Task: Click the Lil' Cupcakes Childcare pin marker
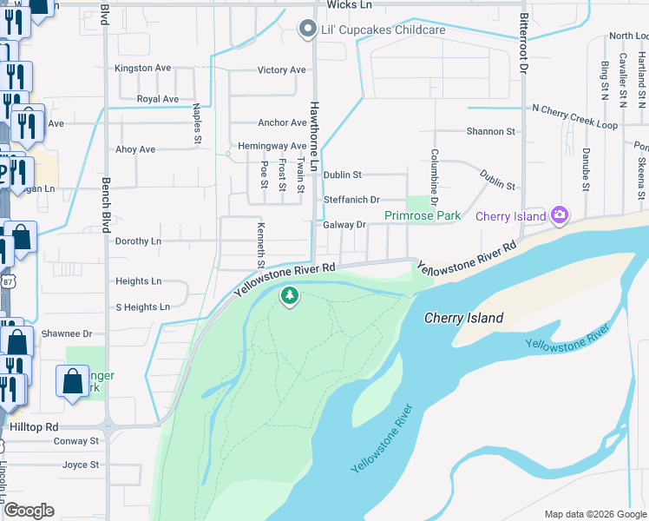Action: [x=306, y=30]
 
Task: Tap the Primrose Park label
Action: [x=423, y=215]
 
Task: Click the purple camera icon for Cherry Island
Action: [x=560, y=214]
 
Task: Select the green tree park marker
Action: [x=289, y=298]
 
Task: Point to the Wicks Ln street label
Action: [x=350, y=5]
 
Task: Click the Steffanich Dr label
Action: [x=351, y=200]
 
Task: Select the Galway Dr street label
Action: [x=344, y=225]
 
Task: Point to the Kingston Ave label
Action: [x=143, y=68]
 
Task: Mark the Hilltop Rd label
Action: [x=34, y=427]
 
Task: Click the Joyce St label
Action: [x=81, y=465]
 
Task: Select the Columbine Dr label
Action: [x=433, y=177]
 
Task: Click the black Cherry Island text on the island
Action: [x=463, y=318]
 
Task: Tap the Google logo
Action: [x=29, y=511]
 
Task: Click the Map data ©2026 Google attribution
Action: [x=594, y=514]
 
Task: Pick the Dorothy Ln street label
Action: [x=138, y=241]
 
